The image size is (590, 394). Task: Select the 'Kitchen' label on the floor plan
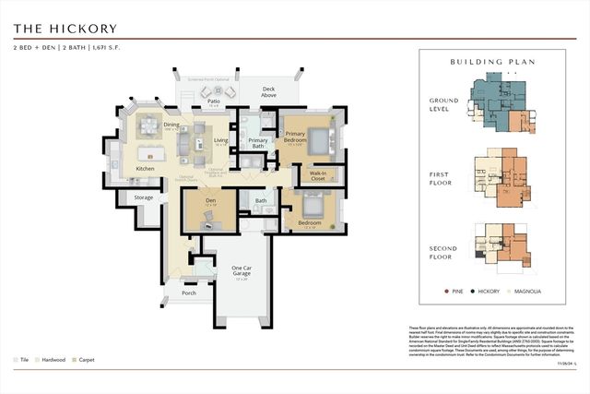[x=146, y=169]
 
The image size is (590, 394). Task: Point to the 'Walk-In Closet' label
[x=319, y=175]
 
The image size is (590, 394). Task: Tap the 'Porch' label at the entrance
[x=189, y=293]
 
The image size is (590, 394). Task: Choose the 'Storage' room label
[x=144, y=197]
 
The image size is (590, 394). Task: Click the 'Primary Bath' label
[x=258, y=141]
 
